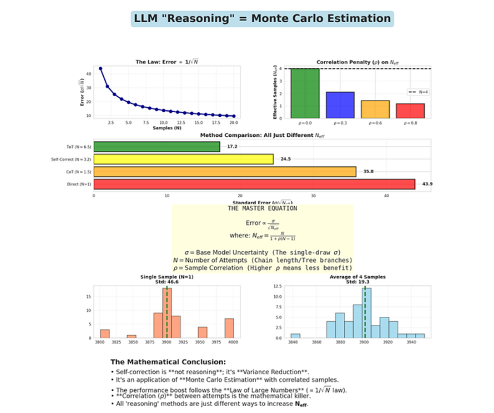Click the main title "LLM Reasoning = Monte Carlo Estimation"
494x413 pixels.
[x=262, y=18]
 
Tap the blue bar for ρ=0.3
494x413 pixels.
[x=340, y=105]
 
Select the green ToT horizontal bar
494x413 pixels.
[x=156, y=147]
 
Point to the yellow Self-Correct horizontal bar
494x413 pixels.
[x=183, y=159]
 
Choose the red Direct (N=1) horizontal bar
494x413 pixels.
[x=254, y=184]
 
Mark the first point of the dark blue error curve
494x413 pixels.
[x=100, y=68]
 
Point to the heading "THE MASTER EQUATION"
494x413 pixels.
[x=262, y=208]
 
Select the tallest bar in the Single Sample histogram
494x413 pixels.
[x=166, y=313]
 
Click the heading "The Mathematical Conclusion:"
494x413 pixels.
[x=167, y=362]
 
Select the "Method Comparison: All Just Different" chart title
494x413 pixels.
[x=262, y=135]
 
